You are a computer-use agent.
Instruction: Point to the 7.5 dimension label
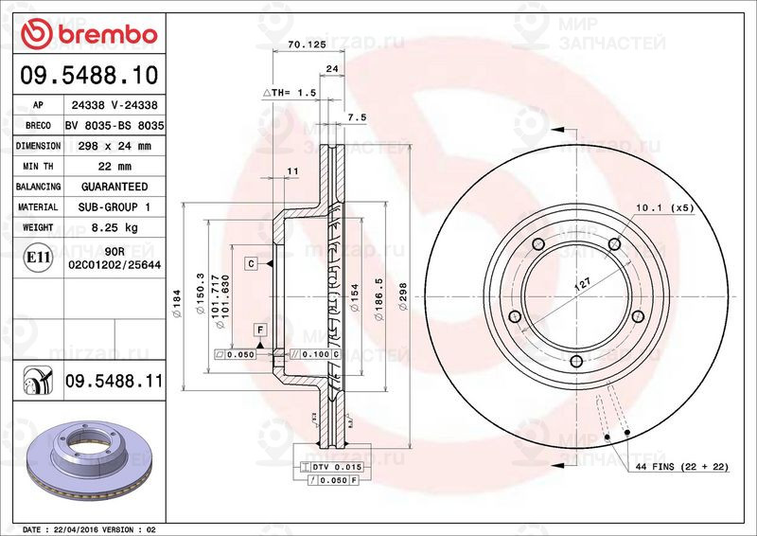[357, 116]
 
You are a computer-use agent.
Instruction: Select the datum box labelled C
[252, 263]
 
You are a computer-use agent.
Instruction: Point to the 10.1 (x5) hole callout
[664, 206]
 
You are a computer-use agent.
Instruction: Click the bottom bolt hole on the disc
[576, 360]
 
